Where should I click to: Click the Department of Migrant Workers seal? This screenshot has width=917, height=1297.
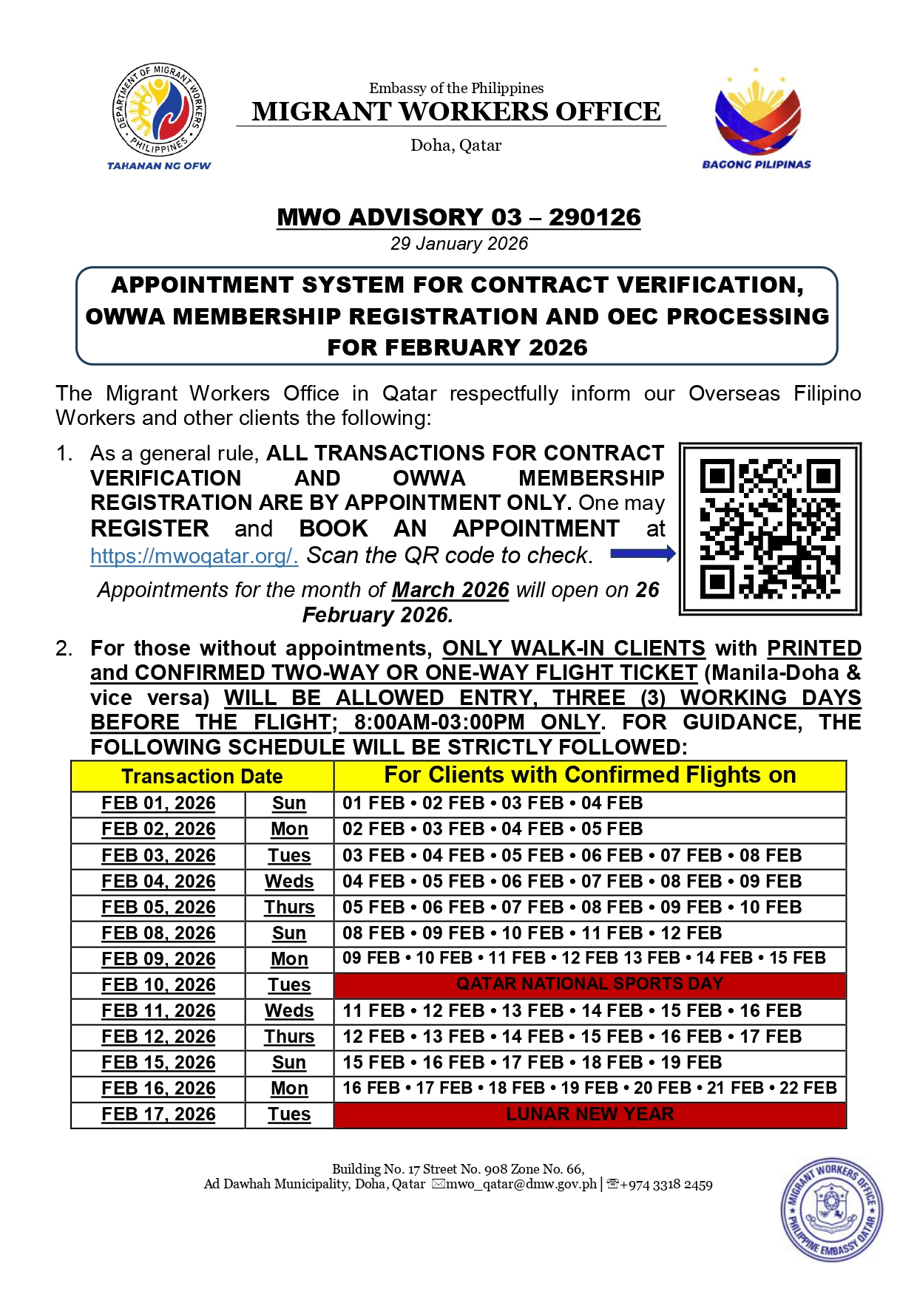(x=159, y=110)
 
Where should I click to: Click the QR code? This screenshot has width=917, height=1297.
(x=770, y=528)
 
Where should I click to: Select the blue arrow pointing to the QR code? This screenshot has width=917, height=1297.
(x=643, y=554)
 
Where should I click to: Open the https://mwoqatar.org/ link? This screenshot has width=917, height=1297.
(x=194, y=556)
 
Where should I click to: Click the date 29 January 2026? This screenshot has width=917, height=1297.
(x=459, y=244)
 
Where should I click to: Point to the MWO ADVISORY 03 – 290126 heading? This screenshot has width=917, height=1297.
(x=458, y=217)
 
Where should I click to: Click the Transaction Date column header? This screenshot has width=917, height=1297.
(x=202, y=776)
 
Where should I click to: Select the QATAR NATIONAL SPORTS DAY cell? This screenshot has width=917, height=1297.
(x=589, y=984)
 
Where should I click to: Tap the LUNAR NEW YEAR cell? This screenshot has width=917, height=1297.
(x=589, y=1114)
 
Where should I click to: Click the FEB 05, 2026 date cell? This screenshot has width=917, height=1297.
(x=158, y=908)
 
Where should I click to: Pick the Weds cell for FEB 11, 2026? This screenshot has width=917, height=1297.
(x=289, y=1011)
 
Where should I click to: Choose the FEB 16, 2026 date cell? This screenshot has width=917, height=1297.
(x=158, y=1089)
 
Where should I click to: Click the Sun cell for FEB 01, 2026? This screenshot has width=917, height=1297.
(x=289, y=803)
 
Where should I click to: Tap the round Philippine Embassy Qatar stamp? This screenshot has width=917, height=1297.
(x=832, y=1209)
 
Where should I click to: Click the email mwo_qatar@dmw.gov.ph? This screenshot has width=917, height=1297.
(x=521, y=1184)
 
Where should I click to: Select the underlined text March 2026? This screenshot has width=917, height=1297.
(x=450, y=590)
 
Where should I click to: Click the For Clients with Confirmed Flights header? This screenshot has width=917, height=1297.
(x=589, y=775)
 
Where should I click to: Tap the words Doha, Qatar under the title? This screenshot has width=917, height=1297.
(x=456, y=146)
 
